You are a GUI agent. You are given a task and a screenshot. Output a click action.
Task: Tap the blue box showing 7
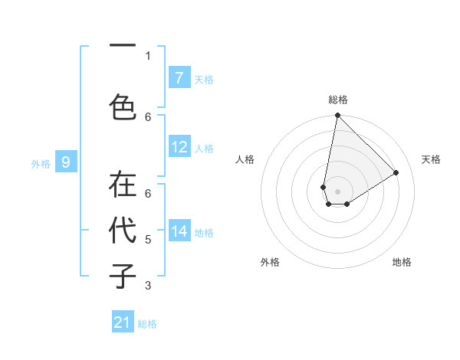coord(179,78)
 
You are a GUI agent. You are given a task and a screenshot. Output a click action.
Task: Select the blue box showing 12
coord(179,147)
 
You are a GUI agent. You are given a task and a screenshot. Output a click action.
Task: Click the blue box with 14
coord(179,231)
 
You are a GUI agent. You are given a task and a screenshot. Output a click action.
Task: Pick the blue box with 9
coord(66,162)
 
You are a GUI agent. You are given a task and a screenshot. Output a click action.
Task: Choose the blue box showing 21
coord(123,322)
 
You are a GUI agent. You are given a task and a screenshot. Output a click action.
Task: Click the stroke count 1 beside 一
coord(148,55)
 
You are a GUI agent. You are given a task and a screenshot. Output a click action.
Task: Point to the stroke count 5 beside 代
coord(148,240)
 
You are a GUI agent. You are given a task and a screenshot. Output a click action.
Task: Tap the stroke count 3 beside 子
coord(148,286)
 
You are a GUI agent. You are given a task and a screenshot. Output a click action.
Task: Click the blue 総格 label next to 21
coord(147,324)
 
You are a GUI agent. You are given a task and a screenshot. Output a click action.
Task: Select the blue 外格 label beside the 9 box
coord(40,163)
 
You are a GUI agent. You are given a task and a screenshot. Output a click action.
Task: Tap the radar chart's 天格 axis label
coord(431,159)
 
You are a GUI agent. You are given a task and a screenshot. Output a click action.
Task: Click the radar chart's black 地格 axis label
coord(402,262)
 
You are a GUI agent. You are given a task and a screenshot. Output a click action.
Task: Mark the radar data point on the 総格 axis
coord(337,116)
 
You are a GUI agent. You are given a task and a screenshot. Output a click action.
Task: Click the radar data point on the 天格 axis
coord(396,172)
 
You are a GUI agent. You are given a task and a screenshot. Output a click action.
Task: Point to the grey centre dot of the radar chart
coord(337,191)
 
